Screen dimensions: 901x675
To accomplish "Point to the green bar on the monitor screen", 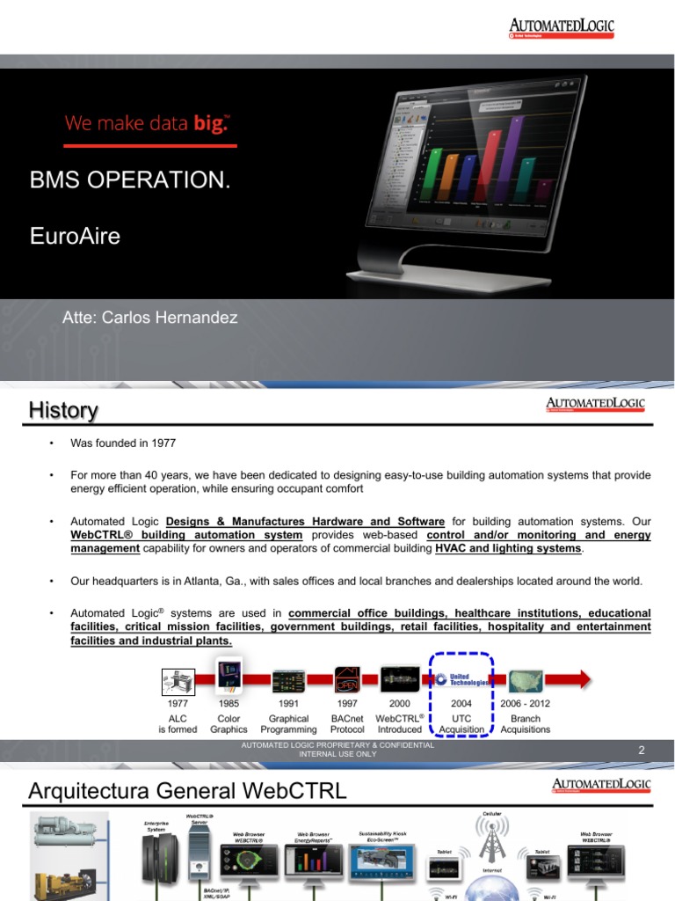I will pos(434,176).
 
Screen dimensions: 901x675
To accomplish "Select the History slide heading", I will pos(63,410).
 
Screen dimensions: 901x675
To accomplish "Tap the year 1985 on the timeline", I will pos(228,704).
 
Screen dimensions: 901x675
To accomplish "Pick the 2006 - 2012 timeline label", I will pos(525,704).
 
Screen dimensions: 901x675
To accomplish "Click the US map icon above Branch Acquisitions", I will pos(525,680).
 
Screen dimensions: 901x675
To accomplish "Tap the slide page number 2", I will pos(642,751).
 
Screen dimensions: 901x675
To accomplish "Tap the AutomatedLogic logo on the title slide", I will pos(561,29).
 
